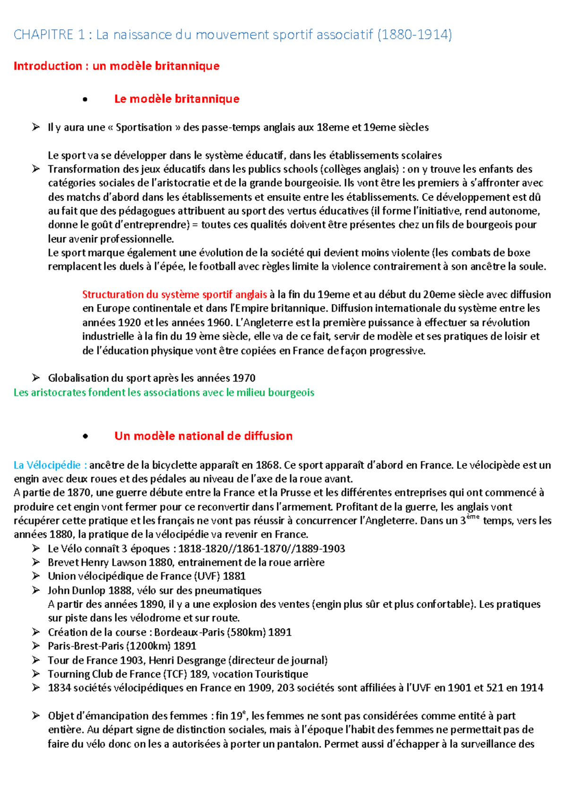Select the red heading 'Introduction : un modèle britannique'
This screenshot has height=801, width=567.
(116, 66)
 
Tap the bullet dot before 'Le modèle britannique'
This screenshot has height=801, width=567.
(85, 99)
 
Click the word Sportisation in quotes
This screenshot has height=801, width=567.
(144, 128)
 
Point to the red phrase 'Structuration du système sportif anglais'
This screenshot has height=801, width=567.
(174, 295)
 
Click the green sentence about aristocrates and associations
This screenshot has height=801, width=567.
(163, 392)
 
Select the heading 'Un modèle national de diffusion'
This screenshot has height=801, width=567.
(203, 436)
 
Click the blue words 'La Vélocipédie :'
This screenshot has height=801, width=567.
(50, 465)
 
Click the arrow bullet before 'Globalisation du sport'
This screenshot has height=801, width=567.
(36, 378)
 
